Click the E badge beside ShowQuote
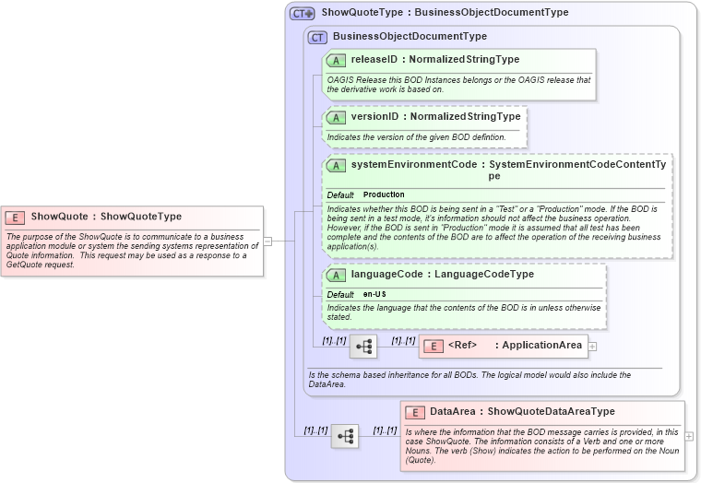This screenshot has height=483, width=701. (16, 218)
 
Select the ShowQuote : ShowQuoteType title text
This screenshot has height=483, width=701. (106, 218)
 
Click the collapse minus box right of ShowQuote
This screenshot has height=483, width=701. (267, 241)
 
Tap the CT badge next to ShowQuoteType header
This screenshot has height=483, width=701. (303, 14)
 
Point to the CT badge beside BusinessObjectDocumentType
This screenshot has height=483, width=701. (317, 37)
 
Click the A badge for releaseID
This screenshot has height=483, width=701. (337, 60)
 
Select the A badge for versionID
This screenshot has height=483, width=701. (337, 118)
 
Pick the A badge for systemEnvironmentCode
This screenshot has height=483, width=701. (337, 166)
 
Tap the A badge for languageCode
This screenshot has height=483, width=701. (337, 275)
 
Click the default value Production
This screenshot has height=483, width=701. (384, 195)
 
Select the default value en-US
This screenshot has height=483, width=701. (374, 294)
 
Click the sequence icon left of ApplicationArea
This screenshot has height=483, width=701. (363, 347)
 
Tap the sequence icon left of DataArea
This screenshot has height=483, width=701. (345, 436)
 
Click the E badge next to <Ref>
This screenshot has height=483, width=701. (433, 346)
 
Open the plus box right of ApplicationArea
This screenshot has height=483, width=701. (592, 347)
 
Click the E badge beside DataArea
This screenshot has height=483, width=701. (415, 412)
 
